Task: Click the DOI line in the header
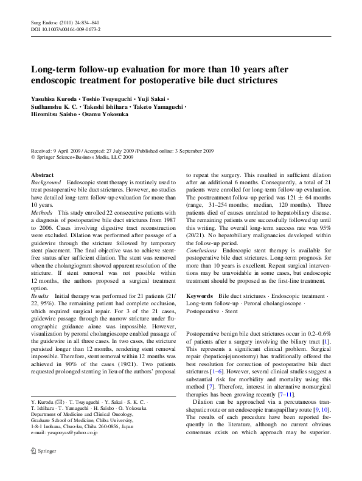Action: pos(65,29)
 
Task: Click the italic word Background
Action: pos(46,182)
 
